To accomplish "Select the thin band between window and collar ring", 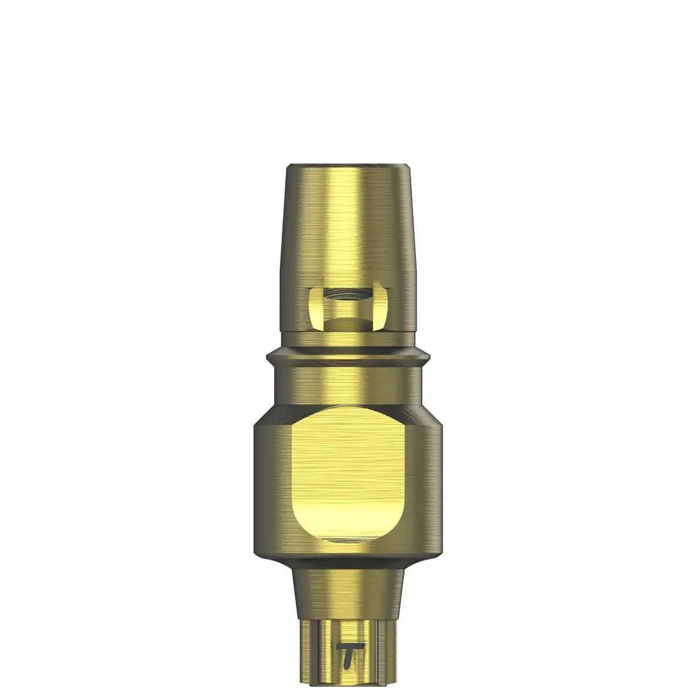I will pos(348,339).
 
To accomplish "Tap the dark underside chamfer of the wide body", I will pos(348,560).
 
